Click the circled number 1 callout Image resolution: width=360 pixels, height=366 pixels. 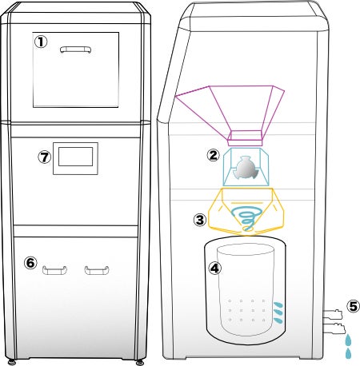point(41,42)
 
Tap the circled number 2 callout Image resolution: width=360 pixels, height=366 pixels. point(213,155)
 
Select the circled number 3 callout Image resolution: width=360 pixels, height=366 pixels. point(200,220)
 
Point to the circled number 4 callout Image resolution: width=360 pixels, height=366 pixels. point(214,268)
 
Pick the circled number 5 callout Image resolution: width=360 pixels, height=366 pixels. point(353,306)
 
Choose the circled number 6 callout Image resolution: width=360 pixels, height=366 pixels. point(30,263)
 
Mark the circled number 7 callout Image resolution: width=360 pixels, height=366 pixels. point(44,157)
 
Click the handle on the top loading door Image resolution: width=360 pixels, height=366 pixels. point(76,50)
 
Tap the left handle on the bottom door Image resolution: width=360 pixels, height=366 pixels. point(54,270)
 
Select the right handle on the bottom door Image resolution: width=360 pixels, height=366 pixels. point(97,270)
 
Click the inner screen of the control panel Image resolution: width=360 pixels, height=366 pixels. point(76,157)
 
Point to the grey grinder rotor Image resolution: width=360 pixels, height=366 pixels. point(246,168)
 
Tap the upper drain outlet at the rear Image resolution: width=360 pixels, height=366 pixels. point(332,314)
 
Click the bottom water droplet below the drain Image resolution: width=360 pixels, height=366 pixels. point(348,353)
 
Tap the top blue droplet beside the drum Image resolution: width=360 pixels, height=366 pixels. point(278,304)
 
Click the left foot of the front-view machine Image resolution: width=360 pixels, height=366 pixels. point(11,362)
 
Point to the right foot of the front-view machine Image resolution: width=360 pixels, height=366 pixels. point(139,362)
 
